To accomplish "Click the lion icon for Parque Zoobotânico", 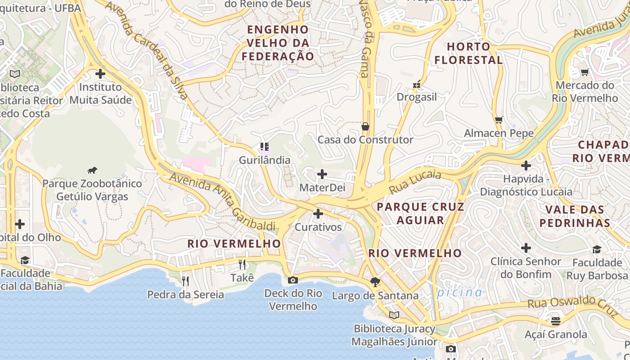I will point(92,170).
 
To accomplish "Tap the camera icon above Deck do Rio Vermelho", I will point(292,280).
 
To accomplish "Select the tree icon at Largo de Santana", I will point(375,282).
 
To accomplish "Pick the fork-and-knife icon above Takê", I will point(242,264).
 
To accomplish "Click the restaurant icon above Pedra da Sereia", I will point(185,281).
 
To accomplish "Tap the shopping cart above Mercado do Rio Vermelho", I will point(585,72).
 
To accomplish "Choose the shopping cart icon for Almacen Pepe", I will point(499,120).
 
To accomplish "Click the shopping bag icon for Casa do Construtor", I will point(365,126).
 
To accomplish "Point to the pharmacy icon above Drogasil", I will point(417,84).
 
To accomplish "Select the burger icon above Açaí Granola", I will point(555,321).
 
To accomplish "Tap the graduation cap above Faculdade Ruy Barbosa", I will point(596,249).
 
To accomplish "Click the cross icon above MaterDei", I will point(322,174).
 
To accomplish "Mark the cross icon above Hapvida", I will point(526,166).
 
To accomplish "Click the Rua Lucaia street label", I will point(415,181).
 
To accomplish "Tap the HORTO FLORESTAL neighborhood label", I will point(468,53).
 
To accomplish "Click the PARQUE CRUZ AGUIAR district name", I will point(420,213).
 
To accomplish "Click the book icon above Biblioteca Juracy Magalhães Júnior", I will point(394,315).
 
